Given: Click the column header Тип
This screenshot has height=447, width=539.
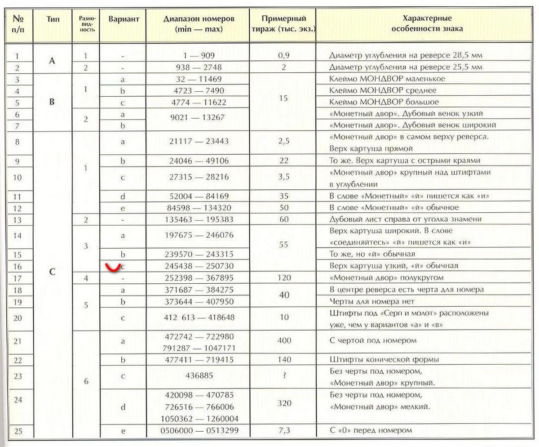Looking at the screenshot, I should [53, 20].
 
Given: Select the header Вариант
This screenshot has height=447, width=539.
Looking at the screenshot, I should [124, 19].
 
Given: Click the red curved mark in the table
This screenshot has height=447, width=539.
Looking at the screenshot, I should [112, 268].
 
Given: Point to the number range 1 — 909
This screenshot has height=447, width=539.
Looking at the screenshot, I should [198, 56].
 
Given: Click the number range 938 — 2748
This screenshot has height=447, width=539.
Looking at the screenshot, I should [198, 67].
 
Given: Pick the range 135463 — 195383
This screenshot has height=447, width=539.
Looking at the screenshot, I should [198, 219].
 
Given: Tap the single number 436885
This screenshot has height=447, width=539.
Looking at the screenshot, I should [198, 375].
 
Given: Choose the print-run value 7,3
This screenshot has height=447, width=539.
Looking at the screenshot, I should [283, 430].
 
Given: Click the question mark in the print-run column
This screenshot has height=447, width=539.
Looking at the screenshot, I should [284, 375].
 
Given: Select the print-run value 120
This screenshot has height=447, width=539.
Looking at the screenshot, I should [284, 278].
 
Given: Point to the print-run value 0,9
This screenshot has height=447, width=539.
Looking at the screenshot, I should [283, 56].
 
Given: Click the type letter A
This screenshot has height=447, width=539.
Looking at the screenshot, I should [52, 61].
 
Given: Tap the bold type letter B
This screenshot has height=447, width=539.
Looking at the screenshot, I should [52, 102].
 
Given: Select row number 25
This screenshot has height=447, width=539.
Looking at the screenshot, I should [18, 431].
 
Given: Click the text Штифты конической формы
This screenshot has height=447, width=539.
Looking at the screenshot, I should [384, 359].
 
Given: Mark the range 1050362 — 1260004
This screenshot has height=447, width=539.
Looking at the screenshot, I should [198, 419].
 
